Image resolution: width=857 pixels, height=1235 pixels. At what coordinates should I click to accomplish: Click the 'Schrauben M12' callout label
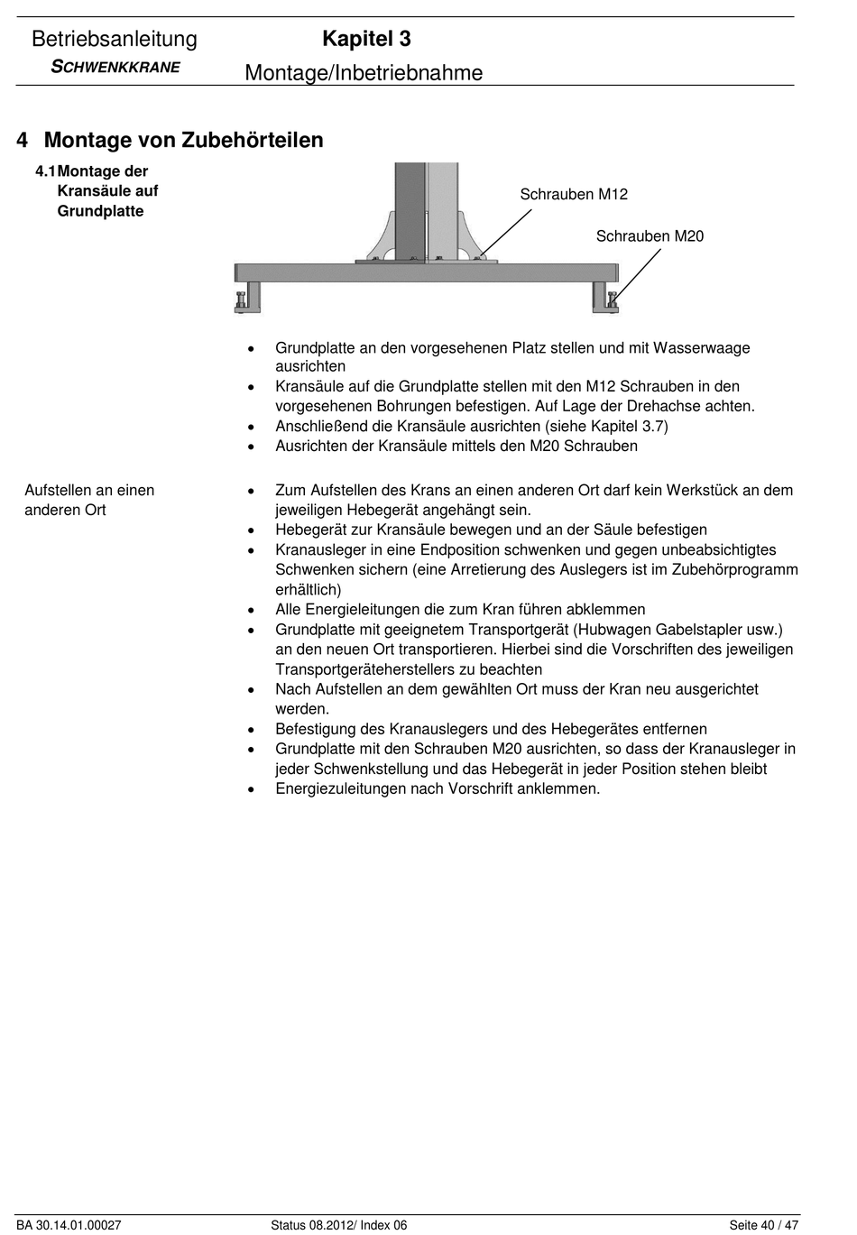(574, 194)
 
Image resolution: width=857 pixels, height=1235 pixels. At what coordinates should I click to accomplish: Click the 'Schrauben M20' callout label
(650, 236)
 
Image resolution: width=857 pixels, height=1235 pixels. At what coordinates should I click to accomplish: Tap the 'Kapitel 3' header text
(366, 39)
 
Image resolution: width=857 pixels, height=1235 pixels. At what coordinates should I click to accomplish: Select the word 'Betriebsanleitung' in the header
(115, 39)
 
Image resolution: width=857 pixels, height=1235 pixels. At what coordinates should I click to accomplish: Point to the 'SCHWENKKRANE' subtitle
(115, 67)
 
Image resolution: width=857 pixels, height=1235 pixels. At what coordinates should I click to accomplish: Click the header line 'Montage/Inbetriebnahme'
(364, 73)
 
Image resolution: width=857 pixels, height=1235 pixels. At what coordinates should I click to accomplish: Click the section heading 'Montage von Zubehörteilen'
(183, 140)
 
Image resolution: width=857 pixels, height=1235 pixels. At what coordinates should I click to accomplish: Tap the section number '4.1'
(45, 171)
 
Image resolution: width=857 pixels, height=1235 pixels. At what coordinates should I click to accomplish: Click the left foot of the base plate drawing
(247, 298)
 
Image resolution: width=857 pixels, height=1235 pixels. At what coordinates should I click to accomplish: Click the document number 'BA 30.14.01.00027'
(69, 1225)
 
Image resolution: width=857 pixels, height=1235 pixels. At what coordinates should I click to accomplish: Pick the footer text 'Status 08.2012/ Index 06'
(338, 1225)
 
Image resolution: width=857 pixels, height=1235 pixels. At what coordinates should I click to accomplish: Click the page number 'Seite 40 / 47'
(763, 1225)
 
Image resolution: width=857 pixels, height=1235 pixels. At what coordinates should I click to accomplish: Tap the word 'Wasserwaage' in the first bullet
(702, 348)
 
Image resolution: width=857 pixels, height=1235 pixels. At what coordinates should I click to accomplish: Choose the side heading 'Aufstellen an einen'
(89, 491)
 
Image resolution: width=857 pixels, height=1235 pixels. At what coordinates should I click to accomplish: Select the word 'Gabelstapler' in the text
(700, 630)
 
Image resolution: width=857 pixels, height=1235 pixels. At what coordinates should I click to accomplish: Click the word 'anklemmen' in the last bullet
(558, 789)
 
